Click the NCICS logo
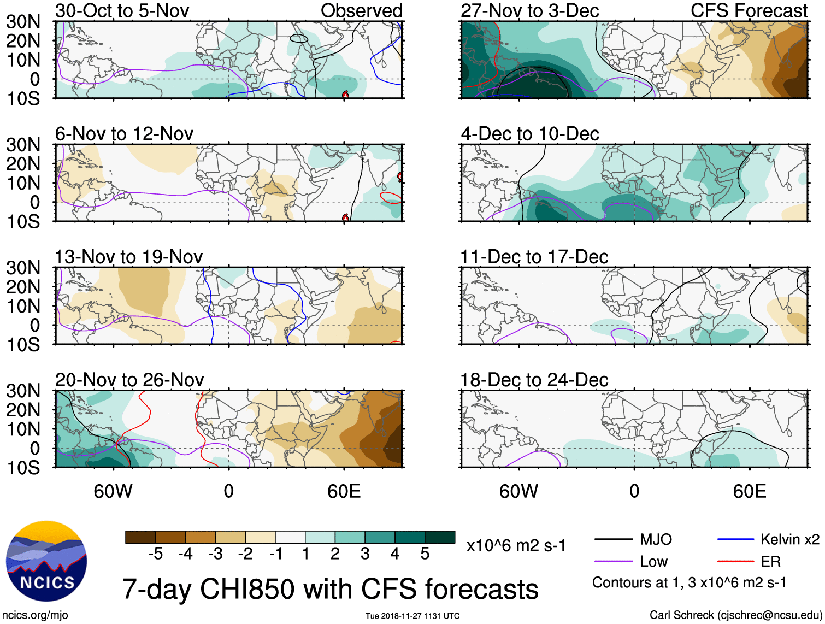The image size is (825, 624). click(x=46, y=561)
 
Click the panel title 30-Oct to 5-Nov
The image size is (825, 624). click(x=122, y=10)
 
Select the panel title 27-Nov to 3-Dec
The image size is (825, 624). click(x=529, y=10)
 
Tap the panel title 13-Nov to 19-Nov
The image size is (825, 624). click(x=128, y=257)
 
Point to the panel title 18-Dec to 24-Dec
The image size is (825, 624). click(x=534, y=380)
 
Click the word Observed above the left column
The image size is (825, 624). click(x=361, y=10)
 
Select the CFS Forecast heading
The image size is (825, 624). click(x=749, y=10)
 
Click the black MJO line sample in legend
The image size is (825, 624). click(x=613, y=540)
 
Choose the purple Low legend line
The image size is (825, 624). click(x=613, y=561)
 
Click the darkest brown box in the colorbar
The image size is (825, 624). click(x=140, y=537)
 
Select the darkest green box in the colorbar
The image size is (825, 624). click(x=440, y=537)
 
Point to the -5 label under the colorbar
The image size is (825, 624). click(x=155, y=554)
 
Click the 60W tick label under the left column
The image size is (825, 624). click(x=113, y=491)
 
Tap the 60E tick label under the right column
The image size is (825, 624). click(x=749, y=491)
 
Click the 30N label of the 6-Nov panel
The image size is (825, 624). click(x=23, y=145)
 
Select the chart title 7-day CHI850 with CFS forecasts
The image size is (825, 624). click(x=330, y=589)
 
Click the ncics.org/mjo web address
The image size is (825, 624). click(x=35, y=615)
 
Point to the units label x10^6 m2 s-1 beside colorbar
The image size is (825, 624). click(x=516, y=545)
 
